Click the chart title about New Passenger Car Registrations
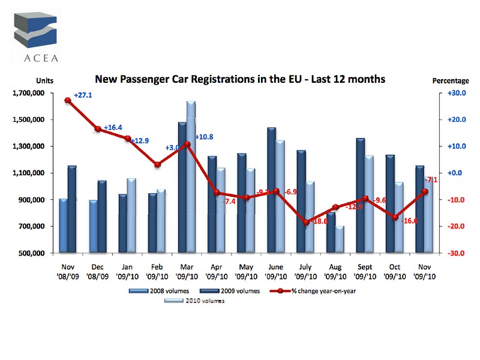pos(240,79)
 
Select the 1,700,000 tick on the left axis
pos(28,93)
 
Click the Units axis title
pos(45,80)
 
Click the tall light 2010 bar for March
pos(191,177)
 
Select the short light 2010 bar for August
pos(340,239)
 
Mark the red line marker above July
pos(306,223)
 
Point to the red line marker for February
pos(157,165)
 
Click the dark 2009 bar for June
pos(272,190)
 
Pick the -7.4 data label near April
pos(229,202)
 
